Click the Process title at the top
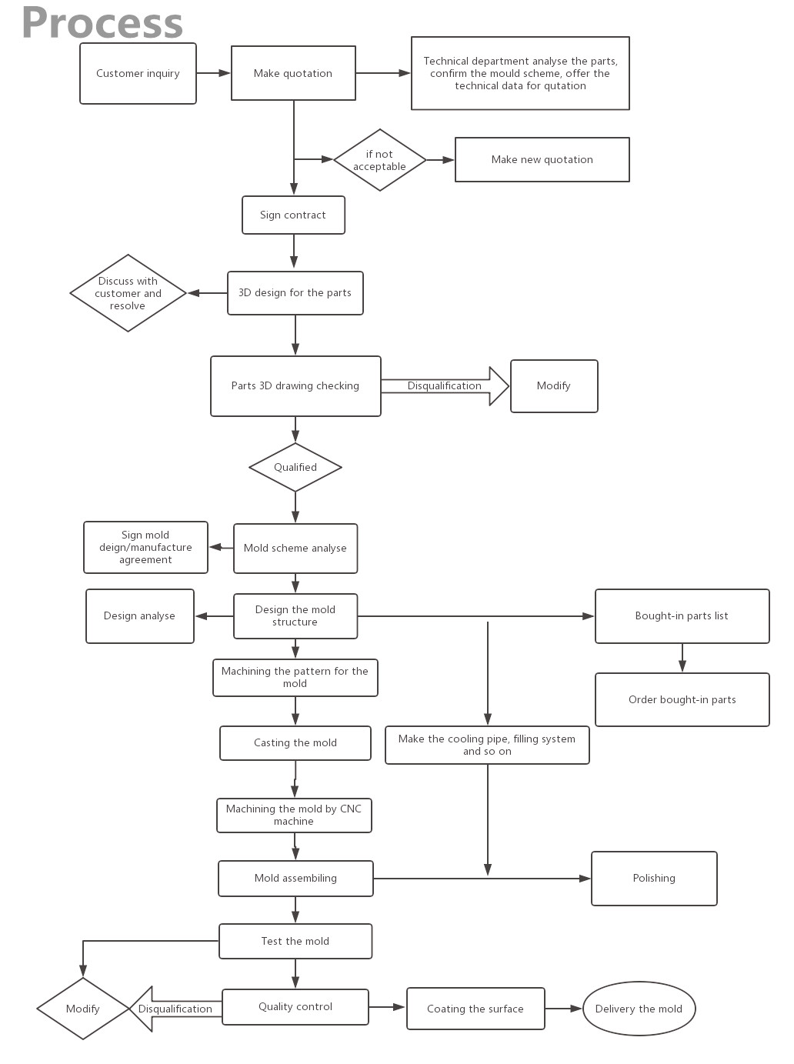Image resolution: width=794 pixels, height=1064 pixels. (x=102, y=23)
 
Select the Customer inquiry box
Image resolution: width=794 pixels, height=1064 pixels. (x=138, y=73)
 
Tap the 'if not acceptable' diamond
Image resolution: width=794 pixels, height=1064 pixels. (x=379, y=160)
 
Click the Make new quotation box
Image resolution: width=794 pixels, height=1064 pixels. (x=542, y=159)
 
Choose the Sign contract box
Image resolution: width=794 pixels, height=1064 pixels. (x=293, y=215)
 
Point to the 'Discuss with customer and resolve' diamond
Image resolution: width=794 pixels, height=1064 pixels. (x=128, y=293)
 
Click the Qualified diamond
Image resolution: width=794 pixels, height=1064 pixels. (x=295, y=467)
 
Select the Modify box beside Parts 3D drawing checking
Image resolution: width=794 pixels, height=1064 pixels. (x=554, y=386)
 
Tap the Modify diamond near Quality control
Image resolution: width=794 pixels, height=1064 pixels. (x=83, y=1009)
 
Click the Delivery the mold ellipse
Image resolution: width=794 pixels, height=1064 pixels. (x=639, y=1009)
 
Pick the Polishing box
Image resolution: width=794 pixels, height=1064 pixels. (x=654, y=878)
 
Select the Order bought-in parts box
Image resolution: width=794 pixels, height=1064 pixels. (x=682, y=699)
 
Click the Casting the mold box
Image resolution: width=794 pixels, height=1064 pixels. (x=295, y=742)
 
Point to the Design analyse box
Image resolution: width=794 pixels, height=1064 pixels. (x=139, y=615)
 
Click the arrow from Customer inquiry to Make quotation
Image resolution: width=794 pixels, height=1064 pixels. (x=214, y=73)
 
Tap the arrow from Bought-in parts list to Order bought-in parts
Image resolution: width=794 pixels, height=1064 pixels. (x=682, y=658)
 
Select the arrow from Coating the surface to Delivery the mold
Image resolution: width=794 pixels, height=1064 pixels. (x=563, y=1009)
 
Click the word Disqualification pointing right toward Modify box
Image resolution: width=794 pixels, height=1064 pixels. (x=445, y=386)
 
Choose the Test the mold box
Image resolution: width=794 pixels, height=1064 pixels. (x=295, y=941)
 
